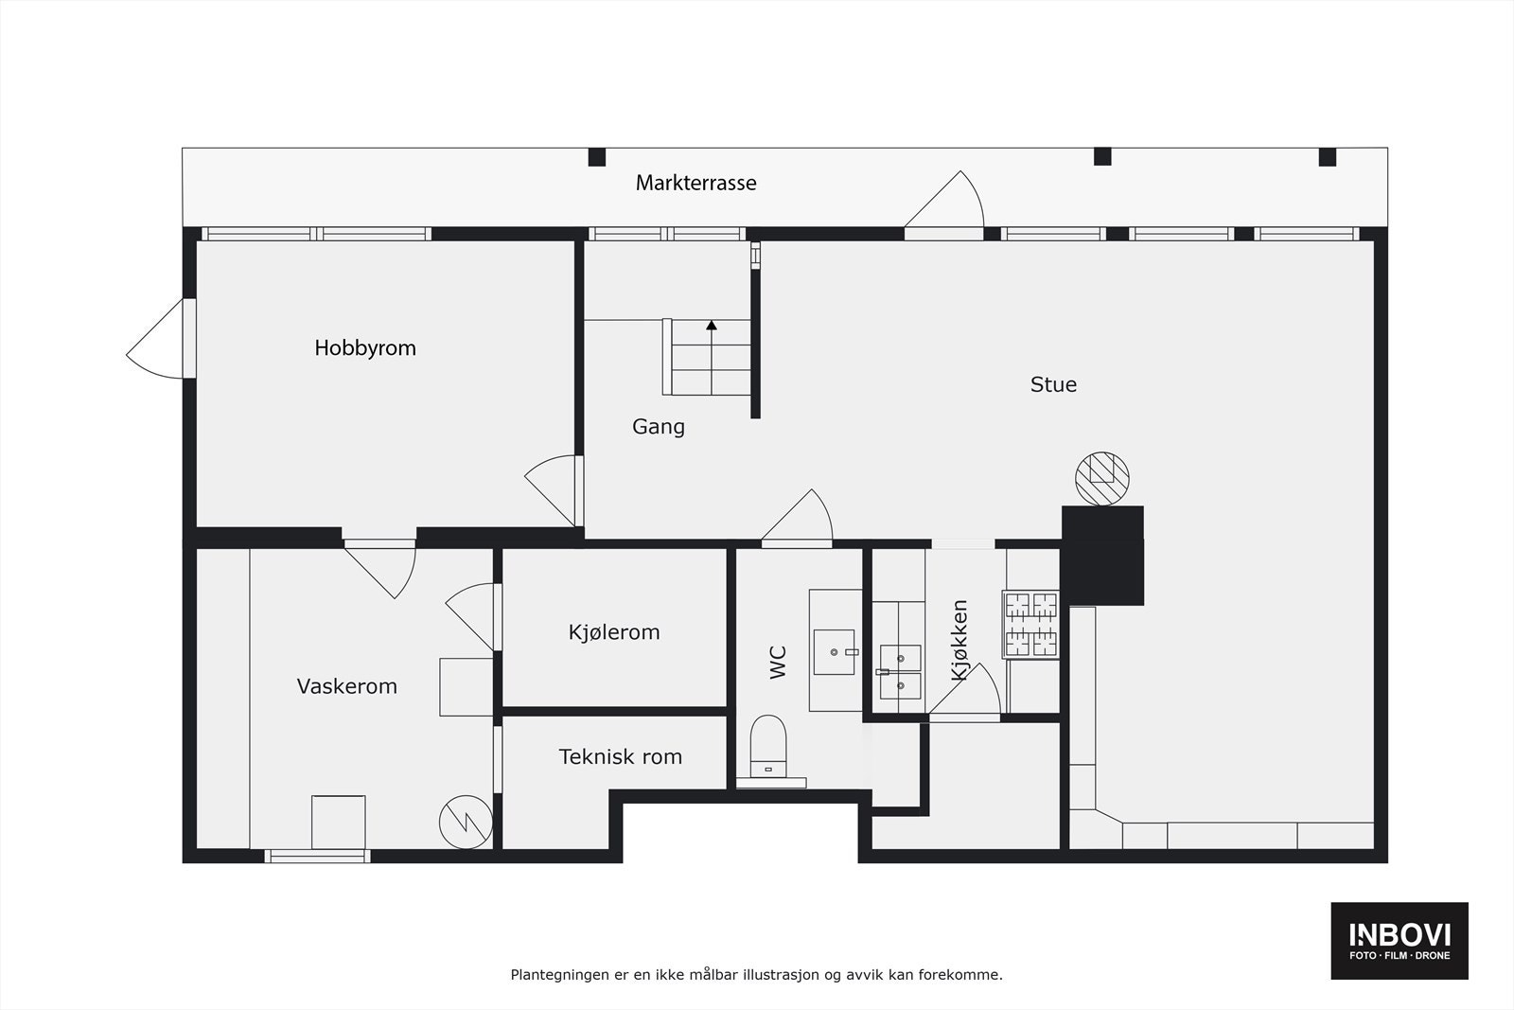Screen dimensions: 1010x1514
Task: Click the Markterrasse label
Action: coord(695,183)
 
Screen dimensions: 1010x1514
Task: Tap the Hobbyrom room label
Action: coord(365,348)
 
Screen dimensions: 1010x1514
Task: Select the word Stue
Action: coord(1053,384)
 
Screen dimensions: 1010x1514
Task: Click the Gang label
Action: coord(658,427)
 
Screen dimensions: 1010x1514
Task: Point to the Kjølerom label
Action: coord(614,632)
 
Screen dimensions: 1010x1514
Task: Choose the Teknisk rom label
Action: coord(620,757)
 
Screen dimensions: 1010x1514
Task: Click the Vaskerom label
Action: coord(346,686)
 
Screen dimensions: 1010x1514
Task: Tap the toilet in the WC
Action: coord(768,743)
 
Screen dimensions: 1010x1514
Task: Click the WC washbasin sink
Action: coord(835,651)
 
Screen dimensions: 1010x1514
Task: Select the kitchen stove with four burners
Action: coord(1030,625)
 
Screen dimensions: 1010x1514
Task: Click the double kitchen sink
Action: coord(900,671)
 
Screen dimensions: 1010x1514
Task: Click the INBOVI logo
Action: coord(1399,940)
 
